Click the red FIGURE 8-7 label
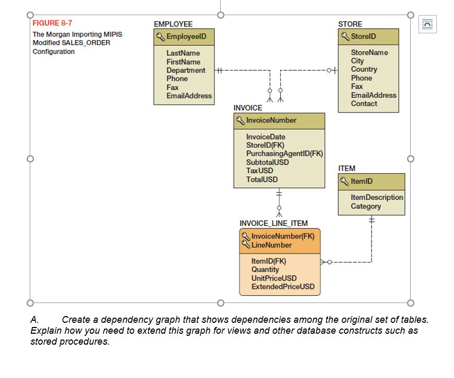coord(52,23)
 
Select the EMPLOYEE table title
coord(173,24)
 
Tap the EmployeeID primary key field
coord(186,36)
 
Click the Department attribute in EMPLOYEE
coord(186,70)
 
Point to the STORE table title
coord(350,24)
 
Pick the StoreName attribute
coord(369,53)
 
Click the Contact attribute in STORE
coord(364,104)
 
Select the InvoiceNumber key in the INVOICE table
coord(271,120)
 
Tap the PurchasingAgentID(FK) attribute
coord(284,154)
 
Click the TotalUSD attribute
coord(262,180)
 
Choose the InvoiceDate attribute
coord(266,137)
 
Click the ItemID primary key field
coord(362,181)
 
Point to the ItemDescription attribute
coord(377,197)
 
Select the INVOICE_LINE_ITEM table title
coord(273,223)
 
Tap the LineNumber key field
coord(271,245)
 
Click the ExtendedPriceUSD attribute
coord(283,286)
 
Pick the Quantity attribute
coord(265,270)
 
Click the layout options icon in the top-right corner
coord(427,23)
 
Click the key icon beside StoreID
coord(345,36)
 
